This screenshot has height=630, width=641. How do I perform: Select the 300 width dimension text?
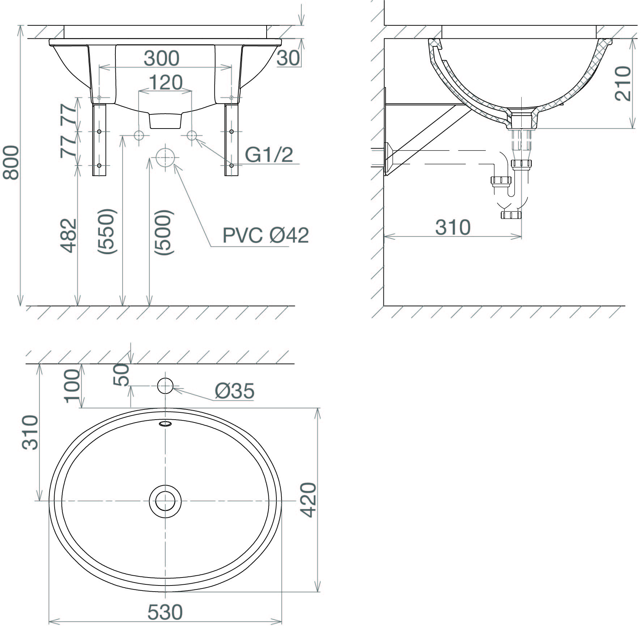[162, 58]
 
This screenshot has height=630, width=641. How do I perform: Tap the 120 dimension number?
[165, 83]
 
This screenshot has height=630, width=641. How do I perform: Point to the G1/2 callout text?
[269, 155]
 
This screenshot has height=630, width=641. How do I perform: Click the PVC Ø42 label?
[266, 235]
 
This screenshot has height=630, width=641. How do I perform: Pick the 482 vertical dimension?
[69, 235]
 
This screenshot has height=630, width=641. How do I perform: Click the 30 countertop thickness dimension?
[288, 58]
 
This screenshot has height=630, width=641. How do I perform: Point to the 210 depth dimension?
[623, 83]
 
